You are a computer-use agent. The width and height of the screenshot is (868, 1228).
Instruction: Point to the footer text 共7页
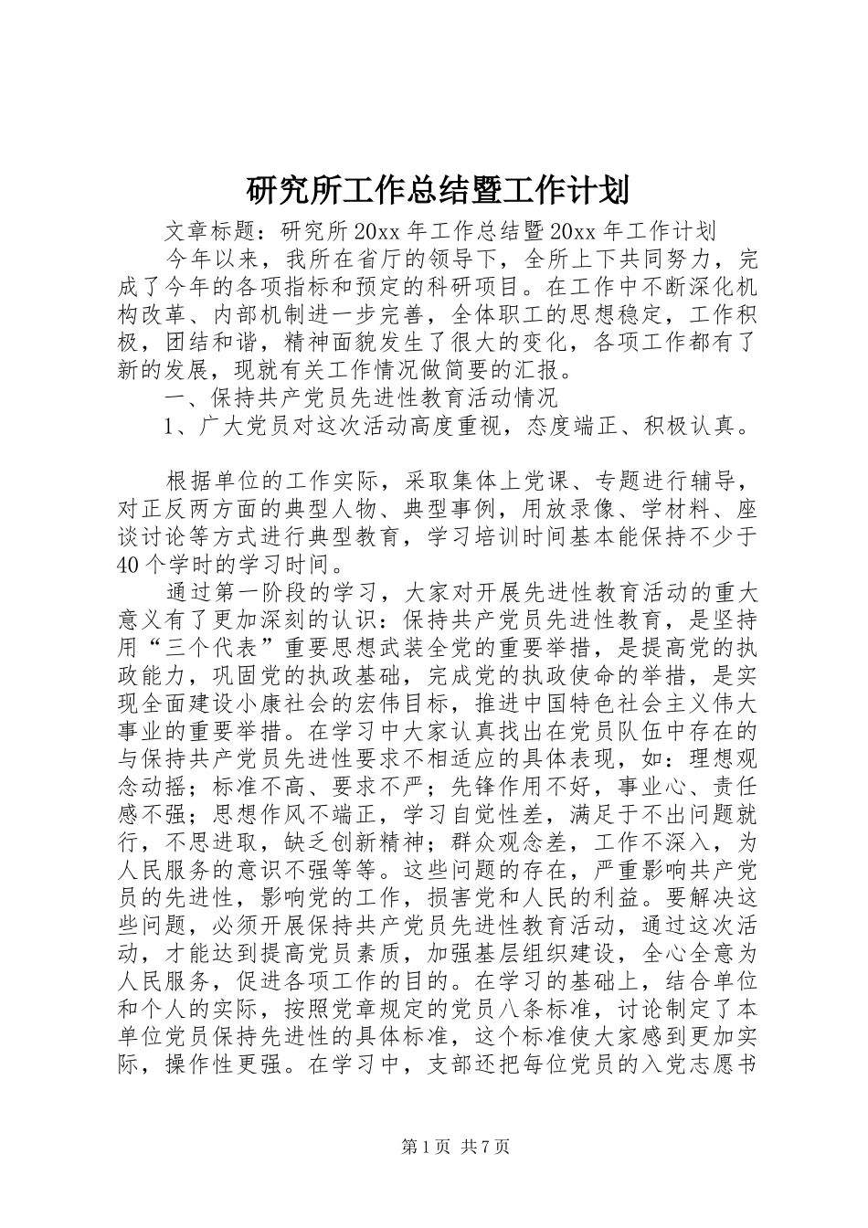(x=485, y=1146)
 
